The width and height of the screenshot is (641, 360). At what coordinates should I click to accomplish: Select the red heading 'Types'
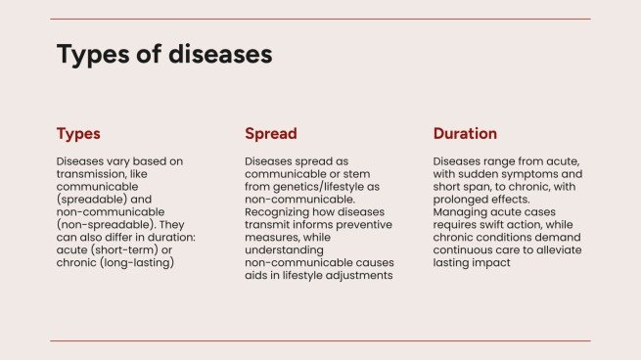pyautogui.click(x=78, y=134)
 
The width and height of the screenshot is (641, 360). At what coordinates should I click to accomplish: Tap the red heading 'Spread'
pyautogui.click(x=270, y=134)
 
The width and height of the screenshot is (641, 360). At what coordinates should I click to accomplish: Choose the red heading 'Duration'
pyautogui.click(x=465, y=134)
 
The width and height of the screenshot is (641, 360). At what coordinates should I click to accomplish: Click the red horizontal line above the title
pyautogui.click(x=320, y=19)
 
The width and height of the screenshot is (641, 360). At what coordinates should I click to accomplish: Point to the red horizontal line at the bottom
pyautogui.click(x=320, y=340)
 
